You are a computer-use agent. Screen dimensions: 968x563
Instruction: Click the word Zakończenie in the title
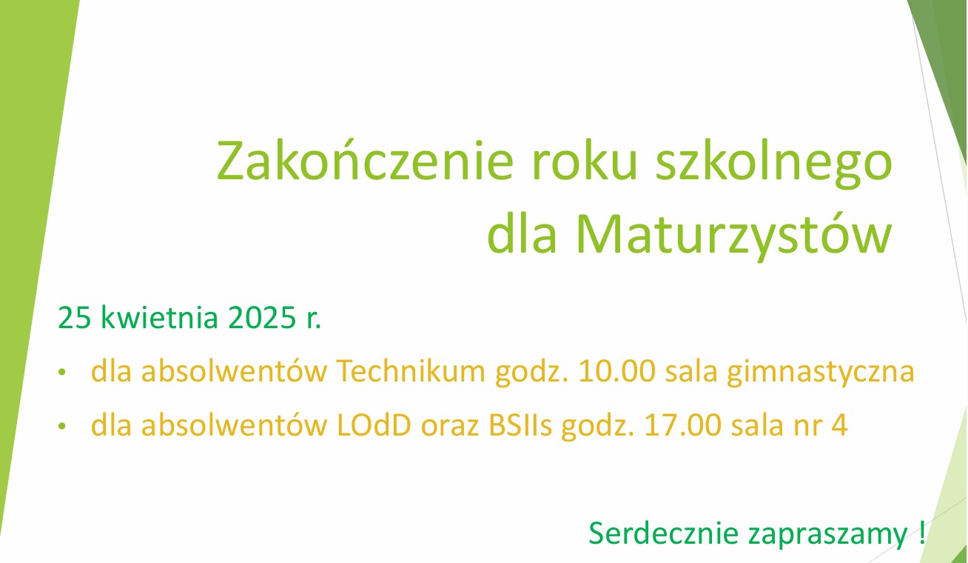365,161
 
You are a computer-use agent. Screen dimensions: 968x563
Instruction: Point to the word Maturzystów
734,236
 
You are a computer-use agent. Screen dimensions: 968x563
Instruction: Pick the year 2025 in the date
261,319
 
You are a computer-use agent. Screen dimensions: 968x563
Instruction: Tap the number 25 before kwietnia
74,319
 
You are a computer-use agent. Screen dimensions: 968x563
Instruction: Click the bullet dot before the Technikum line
62,372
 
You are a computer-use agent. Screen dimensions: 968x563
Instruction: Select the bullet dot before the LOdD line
62,426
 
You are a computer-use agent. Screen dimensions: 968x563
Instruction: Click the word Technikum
411,371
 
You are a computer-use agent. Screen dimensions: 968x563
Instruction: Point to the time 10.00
616,371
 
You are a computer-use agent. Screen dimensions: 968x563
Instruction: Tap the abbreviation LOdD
374,425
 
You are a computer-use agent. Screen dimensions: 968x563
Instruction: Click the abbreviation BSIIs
520,425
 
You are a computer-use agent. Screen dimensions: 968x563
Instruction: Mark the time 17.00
683,425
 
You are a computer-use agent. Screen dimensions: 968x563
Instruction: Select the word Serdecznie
663,533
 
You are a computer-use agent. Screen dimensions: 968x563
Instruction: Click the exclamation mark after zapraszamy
922,533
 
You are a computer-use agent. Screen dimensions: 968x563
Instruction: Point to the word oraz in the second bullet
449,428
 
